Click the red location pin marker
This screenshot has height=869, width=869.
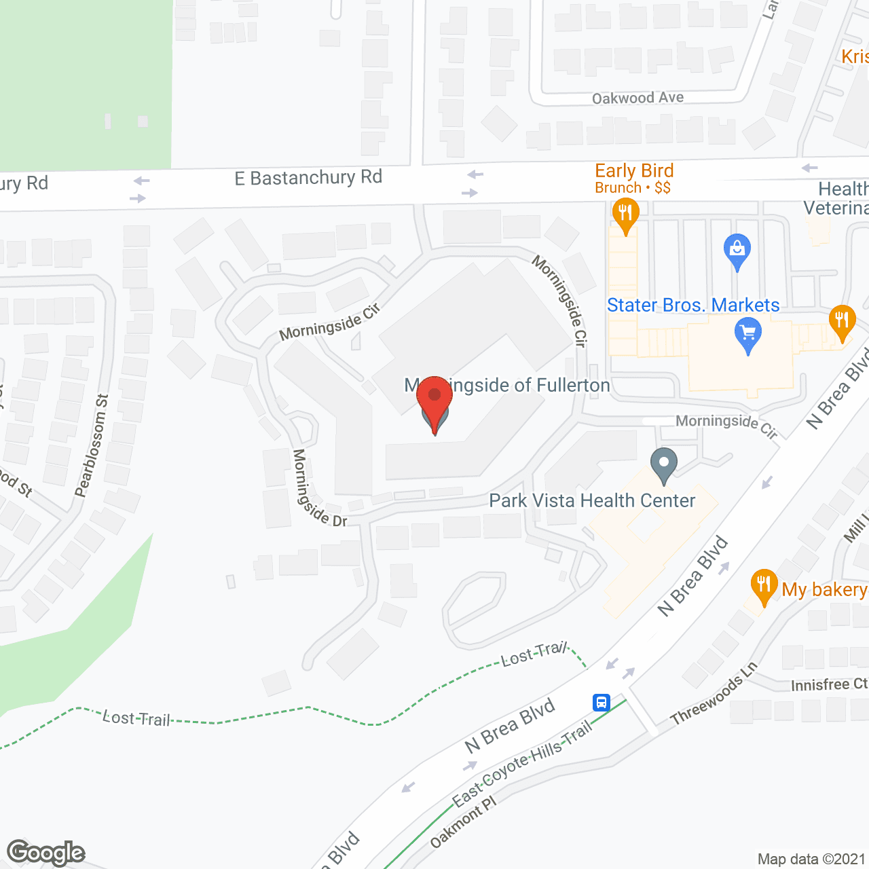click(434, 401)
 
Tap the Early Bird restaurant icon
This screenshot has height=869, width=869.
click(625, 215)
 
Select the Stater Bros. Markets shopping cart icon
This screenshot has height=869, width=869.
click(748, 335)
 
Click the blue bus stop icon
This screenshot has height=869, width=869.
click(601, 702)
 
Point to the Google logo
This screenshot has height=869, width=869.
click(45, 853)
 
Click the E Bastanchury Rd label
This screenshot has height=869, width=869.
click(308, 178)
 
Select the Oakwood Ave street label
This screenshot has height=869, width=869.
click(637, 98)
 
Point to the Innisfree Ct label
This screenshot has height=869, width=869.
click(829, 684)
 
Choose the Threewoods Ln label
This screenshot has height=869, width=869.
click(714, 694)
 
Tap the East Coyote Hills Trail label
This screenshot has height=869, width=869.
click(522, 763)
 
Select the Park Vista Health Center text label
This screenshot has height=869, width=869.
click(592, 501)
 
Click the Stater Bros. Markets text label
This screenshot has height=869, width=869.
click(693, 306)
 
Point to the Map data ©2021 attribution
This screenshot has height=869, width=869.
click(811, 859)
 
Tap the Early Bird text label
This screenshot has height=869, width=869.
click(634, 171)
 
